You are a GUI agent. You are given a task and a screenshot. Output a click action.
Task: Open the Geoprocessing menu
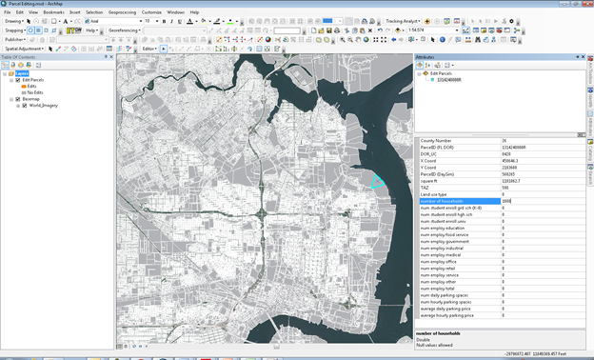(x=121, y=12)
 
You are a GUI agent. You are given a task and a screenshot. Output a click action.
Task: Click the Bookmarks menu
(x=53, y=12)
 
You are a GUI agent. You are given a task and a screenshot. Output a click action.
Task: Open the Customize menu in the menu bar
(x=151, y=12)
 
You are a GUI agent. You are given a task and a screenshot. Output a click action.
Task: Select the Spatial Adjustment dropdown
(x=25, y=48)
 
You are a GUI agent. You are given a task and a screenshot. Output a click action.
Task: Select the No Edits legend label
(x=37, y=92)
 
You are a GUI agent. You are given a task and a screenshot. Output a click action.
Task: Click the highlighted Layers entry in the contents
(x=21, y=73)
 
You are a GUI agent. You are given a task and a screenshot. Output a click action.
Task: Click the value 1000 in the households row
(x=507, y=201)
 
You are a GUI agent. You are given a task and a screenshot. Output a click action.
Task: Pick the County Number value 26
(x=505, y=141)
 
